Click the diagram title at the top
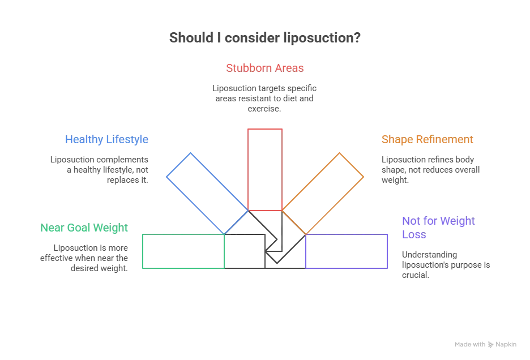point(264,38)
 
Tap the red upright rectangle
point(264,169)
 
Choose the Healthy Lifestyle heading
point(106,139)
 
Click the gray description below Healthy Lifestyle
point(100,168)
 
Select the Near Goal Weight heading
point(85,228)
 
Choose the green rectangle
point(184,251)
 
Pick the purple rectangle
point(346,251)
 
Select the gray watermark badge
point(485,344)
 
